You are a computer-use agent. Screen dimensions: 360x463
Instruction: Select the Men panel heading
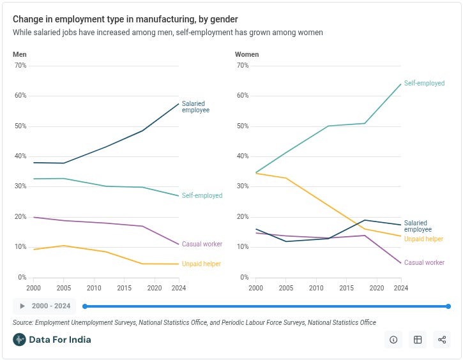[x=20, y=54]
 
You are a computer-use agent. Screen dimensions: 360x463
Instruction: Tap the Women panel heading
[x=247, y=54]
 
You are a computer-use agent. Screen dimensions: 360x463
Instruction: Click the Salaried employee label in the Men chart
[x=195, y=107]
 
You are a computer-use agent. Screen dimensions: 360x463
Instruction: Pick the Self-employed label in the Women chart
[x=424, y=84]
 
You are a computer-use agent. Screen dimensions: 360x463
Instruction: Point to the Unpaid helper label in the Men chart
[x=202, y=264]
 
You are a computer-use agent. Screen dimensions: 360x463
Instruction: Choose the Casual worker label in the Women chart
[x=424, y=262]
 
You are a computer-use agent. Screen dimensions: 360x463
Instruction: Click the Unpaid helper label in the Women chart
[x=424, y=239]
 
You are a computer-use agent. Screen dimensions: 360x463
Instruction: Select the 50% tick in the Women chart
[x=242, y=126]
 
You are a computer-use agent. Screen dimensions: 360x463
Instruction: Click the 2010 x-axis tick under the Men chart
[x=94, y=289]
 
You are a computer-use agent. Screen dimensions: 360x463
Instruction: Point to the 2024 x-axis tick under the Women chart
[x=401, y=289]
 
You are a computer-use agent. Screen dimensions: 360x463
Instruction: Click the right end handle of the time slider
[x=448, y=306]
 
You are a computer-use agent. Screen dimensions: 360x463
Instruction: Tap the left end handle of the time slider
[x=84, y=306]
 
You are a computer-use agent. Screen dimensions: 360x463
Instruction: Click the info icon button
[x=393, y=340]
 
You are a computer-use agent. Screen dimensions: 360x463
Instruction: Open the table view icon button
[x=418, y=340]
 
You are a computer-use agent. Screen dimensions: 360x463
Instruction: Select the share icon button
[x=442, y=340]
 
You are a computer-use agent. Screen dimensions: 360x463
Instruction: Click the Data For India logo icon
[x=19, y=340]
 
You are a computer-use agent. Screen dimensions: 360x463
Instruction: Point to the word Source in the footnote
[x=23, y=322]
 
